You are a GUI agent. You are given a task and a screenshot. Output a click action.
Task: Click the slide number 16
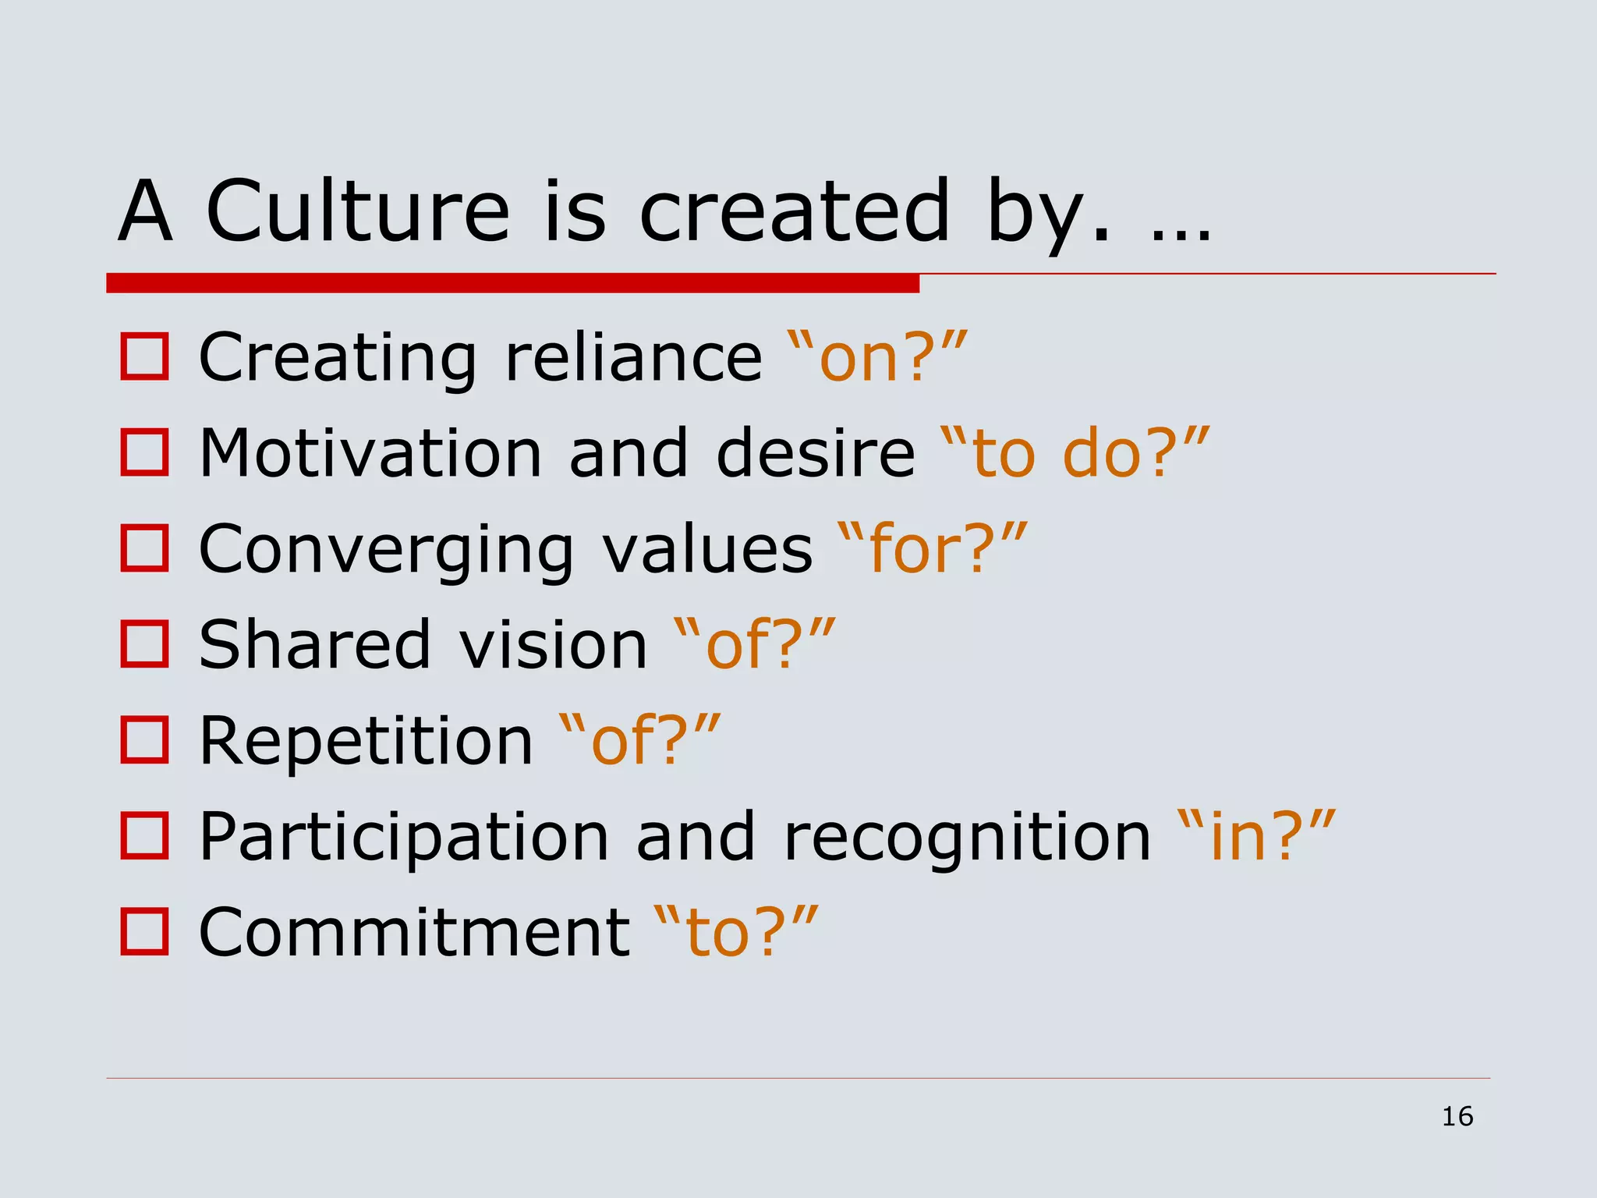coord(1457,1116)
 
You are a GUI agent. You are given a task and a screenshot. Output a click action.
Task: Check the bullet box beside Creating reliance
coord(144,357)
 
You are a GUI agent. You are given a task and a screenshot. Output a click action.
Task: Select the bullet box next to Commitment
coord(144,931)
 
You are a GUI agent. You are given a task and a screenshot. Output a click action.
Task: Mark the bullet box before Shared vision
coord(144,644)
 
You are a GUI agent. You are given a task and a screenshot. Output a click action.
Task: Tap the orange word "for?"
coord(932,549)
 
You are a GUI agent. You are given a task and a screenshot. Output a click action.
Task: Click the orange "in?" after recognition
coord(1255,836)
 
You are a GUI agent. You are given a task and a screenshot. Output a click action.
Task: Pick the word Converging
coord(387,549)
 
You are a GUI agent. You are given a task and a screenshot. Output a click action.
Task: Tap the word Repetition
coord(366,740)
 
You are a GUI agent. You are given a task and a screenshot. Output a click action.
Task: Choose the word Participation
coord(403,836)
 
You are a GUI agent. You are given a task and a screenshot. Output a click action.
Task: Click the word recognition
coord(967,836)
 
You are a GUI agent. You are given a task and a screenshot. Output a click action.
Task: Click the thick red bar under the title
coord(512,283)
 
